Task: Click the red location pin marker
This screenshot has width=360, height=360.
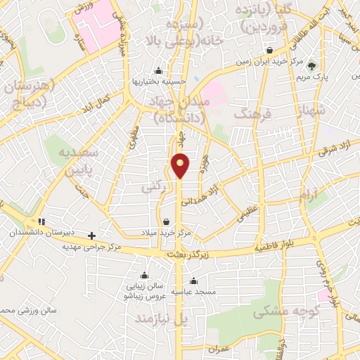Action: click(181, 165)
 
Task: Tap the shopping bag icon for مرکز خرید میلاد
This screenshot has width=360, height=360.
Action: click(166, 222)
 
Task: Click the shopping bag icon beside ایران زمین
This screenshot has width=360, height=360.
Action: click(270, 50)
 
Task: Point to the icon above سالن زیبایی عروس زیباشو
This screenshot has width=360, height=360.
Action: click(145, 275)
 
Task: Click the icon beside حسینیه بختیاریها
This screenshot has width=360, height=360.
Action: click(157, 70)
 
